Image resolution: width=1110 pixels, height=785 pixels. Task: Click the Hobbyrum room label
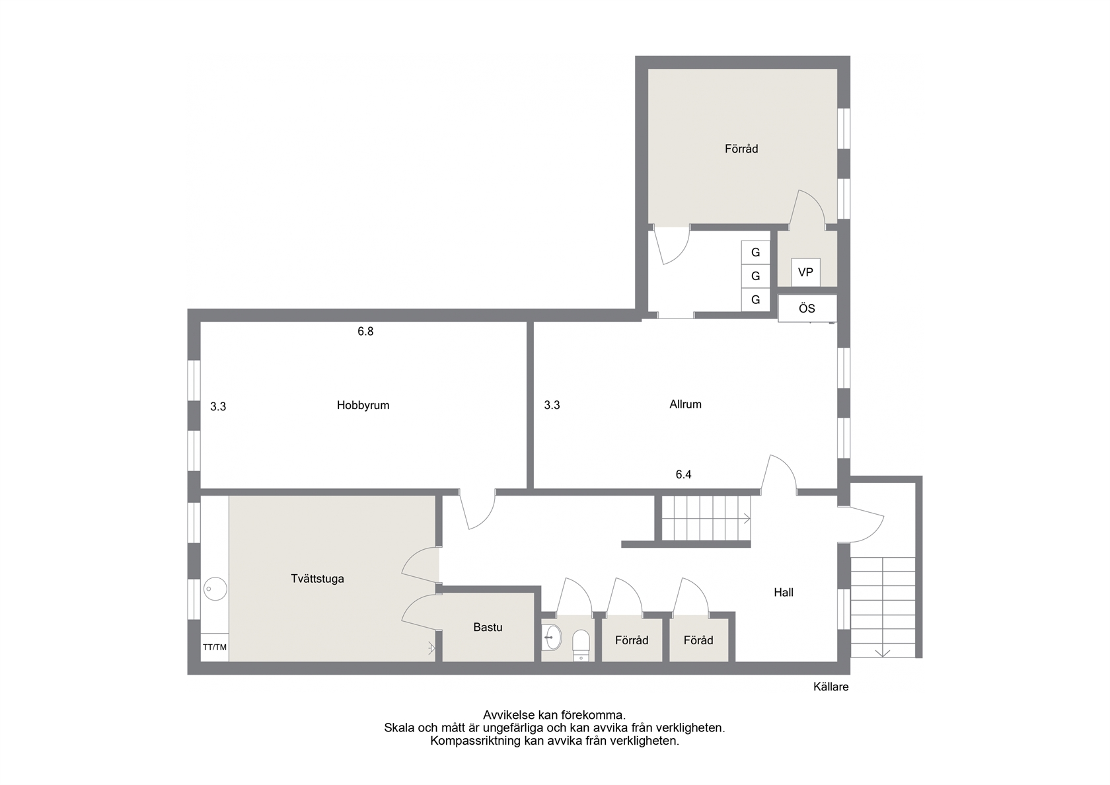(x=363, y=406)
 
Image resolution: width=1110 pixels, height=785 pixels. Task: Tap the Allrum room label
(x=685, y=404)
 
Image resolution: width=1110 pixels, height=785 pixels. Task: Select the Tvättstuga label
(x=317, y=579)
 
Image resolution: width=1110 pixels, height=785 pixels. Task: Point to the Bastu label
(x=488, y=628)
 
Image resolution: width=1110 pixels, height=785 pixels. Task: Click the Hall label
(x=784, y=592)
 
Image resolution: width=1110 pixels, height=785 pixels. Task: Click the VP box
(x=806, y=272)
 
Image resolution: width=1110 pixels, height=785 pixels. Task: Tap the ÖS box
(x=807, y=308)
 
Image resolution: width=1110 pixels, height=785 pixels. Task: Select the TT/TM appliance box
(x=215, y=648)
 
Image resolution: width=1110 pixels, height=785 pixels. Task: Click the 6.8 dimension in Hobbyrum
(x=366, y=332)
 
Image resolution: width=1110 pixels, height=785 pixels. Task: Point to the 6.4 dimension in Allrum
(x=683, y=474)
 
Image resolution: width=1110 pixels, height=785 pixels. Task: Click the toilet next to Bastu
(x=581, y=645)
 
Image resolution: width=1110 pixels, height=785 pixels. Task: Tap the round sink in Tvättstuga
(x=215, y=589)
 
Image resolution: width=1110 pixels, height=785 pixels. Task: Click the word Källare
(x=831, y=687)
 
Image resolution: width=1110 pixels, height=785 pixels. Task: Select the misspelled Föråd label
(x=698, y=640)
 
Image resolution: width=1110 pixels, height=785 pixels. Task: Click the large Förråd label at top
(x=741, y=149)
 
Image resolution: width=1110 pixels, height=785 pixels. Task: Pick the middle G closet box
(x=756, y=276)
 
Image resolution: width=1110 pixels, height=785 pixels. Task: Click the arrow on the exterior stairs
(x=883, y=653)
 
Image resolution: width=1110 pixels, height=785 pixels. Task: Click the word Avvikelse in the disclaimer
(x=508, y=715)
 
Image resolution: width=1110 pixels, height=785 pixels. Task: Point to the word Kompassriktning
(x=476, y=741)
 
